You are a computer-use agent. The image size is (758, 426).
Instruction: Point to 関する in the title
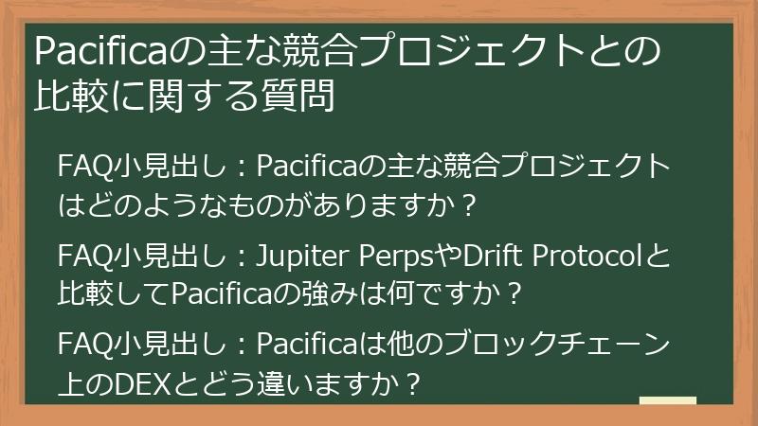tap(198, 96)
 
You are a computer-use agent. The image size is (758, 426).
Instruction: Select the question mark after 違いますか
tap(412, 385)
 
